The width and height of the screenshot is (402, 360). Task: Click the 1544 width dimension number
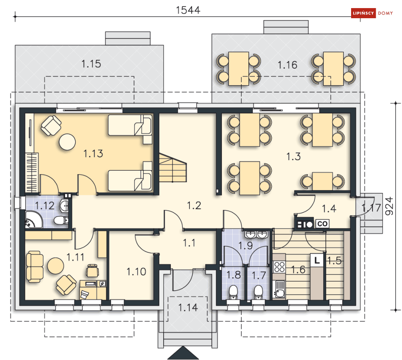point(188,10)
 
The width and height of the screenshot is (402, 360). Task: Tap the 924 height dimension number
point(389,206)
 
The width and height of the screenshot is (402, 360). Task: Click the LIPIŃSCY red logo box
point(363,13)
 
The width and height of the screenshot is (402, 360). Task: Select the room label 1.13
point(93,154)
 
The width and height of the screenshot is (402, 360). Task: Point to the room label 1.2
point(194,205)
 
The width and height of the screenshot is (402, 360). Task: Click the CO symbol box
point(322,224)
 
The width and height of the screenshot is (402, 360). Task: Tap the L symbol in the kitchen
point(317,260)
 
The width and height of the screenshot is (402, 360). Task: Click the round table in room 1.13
point(67,142)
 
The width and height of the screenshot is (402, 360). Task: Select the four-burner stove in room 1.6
point(279,266)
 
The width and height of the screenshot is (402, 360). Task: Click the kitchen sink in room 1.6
point(280,289)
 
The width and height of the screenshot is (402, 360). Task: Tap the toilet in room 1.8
point(233,292)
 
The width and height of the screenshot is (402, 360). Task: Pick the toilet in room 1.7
point(259,292)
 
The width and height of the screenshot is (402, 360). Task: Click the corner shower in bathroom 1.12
point(33,219)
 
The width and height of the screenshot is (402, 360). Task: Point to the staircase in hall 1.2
point(172,167)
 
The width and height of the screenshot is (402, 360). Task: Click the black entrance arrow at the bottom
point(183,353)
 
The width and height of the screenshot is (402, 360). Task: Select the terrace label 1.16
point(287,65)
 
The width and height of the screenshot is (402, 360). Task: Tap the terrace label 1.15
point(91,64)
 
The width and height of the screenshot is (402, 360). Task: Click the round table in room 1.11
point(56,266)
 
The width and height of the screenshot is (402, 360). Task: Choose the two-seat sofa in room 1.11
point(35,267)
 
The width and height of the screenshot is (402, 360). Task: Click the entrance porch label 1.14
point(188,307)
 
